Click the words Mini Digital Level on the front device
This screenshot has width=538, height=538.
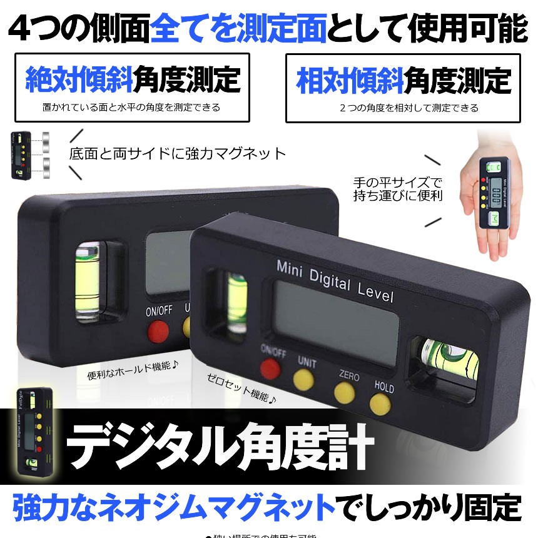pyautogui.click(x=335, y=281)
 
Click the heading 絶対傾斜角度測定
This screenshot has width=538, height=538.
pyautogui.click(x=132, y=79)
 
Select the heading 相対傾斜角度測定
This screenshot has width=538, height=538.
pyautogui.click(x=403, y=81)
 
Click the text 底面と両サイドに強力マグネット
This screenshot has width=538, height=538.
pyautogui.click(x=178, y=153)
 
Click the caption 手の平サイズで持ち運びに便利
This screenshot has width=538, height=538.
pyautogui.click(x=397, y=189)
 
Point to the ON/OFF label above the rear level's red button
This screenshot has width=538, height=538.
pyautogui.click(x=159, y=310)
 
